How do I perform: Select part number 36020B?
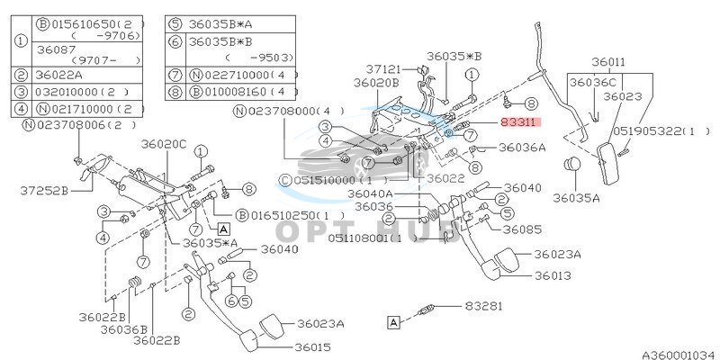375,83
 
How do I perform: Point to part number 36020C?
163,144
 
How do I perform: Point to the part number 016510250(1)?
287,215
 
